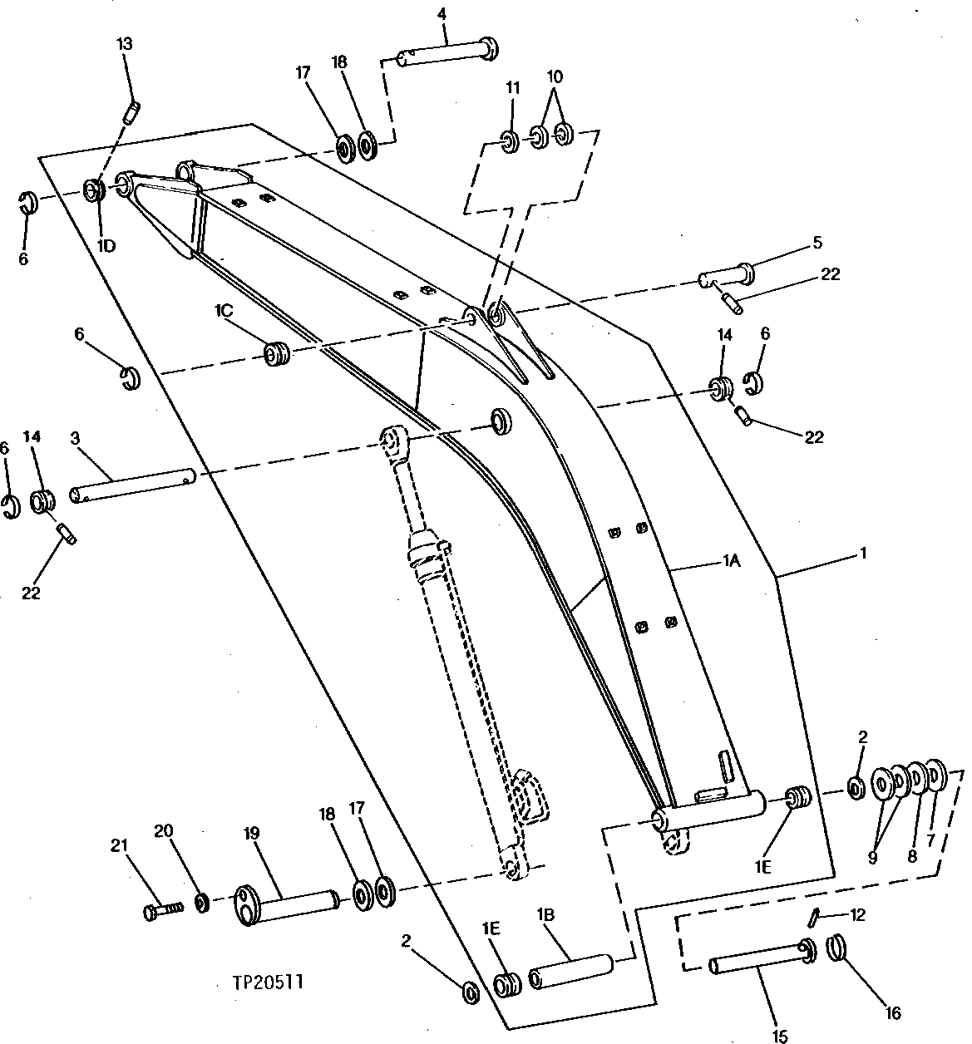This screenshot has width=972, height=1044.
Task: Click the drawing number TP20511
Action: click(269, 982)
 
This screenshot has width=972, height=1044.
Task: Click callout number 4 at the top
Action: click(443, 14)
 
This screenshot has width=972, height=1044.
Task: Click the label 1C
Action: click(223, 310)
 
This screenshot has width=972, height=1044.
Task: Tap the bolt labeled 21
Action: click(163, 911)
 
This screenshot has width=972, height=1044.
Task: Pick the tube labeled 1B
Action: click(572, 972)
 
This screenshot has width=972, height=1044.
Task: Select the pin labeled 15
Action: click(757, 961)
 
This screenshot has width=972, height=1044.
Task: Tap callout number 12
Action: click(858, 915)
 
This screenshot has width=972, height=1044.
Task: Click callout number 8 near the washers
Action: click(912, 856)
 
